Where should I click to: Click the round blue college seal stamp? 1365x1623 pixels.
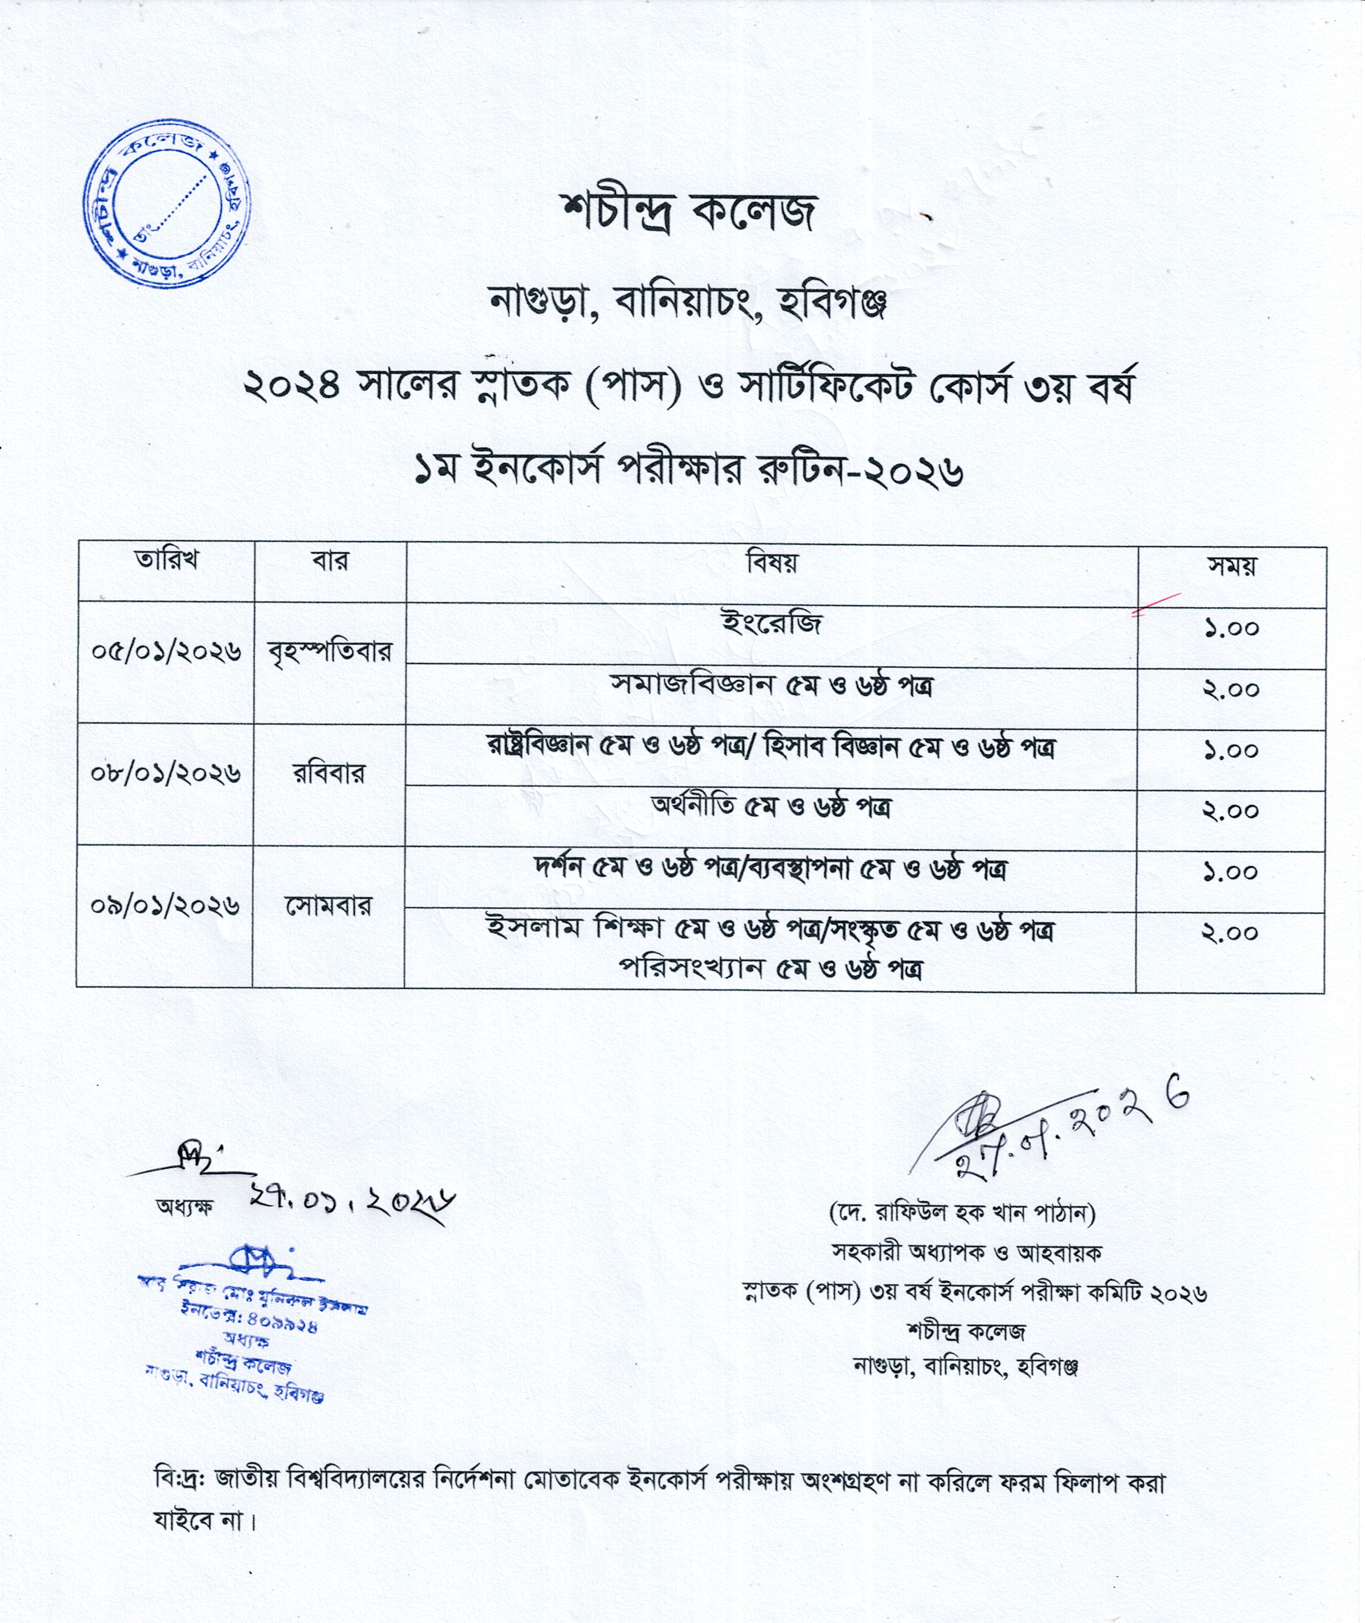pyautogui.click(x=167, y=202)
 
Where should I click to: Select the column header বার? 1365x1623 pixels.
pyautogui.click(x=330, y=560)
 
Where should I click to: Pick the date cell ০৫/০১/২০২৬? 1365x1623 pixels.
pyautogui.click(x=166, y=651)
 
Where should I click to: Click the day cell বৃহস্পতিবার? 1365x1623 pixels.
pyautogui.click(x=330, y=651)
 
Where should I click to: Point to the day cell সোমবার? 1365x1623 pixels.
pyautogui.click(x=328, y=905)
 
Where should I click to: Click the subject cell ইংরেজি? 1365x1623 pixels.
pyautogui.click(x=771, y=623)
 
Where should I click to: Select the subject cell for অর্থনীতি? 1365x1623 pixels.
pyautogui.click(x=771, y=808)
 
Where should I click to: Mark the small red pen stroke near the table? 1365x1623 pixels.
pyautogui.click(x=1155, y=604)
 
